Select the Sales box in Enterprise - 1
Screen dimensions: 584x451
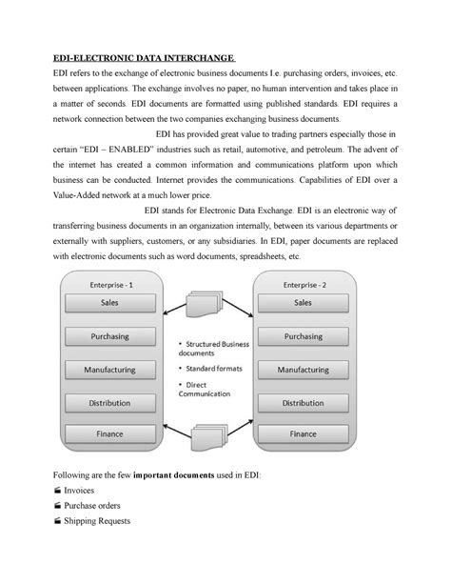coord(110,302)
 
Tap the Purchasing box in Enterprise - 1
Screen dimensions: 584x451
coord(110,335)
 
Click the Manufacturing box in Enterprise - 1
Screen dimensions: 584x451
coord(110,369)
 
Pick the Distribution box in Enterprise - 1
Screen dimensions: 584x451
coord(110,402)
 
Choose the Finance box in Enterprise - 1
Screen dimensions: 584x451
coord(110,434)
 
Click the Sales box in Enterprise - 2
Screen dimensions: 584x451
coord(303,302)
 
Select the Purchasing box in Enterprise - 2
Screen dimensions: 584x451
coord(303,335)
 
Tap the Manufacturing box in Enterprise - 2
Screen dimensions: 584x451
coord(303,369)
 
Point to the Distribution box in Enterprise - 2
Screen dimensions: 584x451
coord(303,402)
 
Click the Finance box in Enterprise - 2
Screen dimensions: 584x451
coord(303,434)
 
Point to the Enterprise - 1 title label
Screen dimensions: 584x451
coord(110,283)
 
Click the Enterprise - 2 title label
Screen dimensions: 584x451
coord(303,283)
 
